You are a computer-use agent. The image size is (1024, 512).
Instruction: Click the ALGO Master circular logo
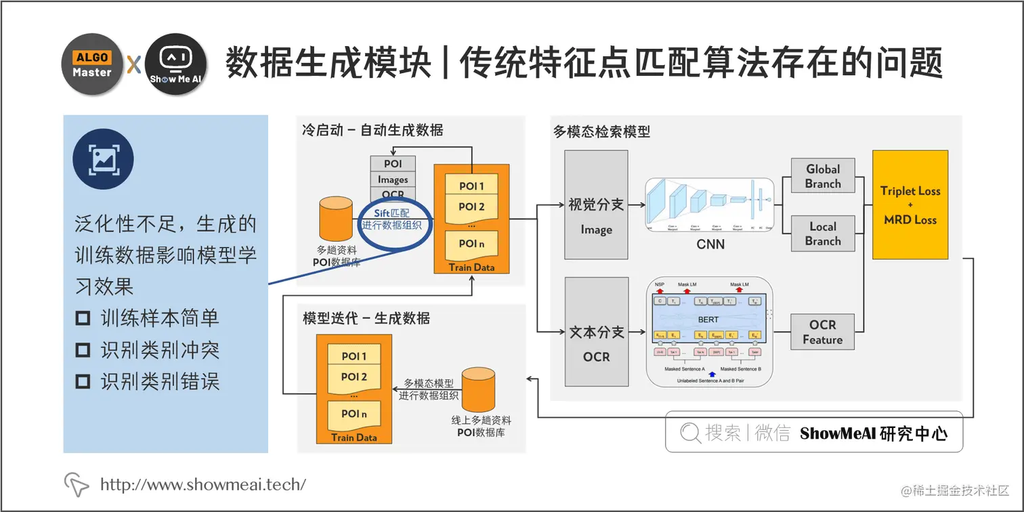point(92,64)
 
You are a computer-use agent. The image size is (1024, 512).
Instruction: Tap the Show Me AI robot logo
point(176,64)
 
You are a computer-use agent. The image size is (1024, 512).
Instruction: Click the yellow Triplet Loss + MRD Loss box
point(910,205)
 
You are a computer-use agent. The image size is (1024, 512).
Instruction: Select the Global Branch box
point(823,177)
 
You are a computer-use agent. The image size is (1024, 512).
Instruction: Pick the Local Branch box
point(823,234)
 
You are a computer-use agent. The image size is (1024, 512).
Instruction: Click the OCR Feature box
point(823,333)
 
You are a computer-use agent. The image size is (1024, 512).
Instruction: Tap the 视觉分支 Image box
point(596,214)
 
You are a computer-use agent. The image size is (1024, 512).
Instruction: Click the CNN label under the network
point(710,244)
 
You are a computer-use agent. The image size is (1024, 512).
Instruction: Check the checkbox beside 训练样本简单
point(83,318)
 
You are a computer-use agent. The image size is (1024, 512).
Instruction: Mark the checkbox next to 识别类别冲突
point(83,350)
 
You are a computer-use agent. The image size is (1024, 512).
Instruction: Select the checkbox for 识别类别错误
point(83,382)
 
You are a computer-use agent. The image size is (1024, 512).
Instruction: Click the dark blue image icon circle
point(103,158)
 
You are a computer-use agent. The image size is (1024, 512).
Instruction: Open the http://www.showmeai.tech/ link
point(203,484)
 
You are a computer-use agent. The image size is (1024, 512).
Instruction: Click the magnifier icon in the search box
point(690,433)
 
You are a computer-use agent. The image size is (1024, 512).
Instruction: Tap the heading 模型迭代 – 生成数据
point(366,318)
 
